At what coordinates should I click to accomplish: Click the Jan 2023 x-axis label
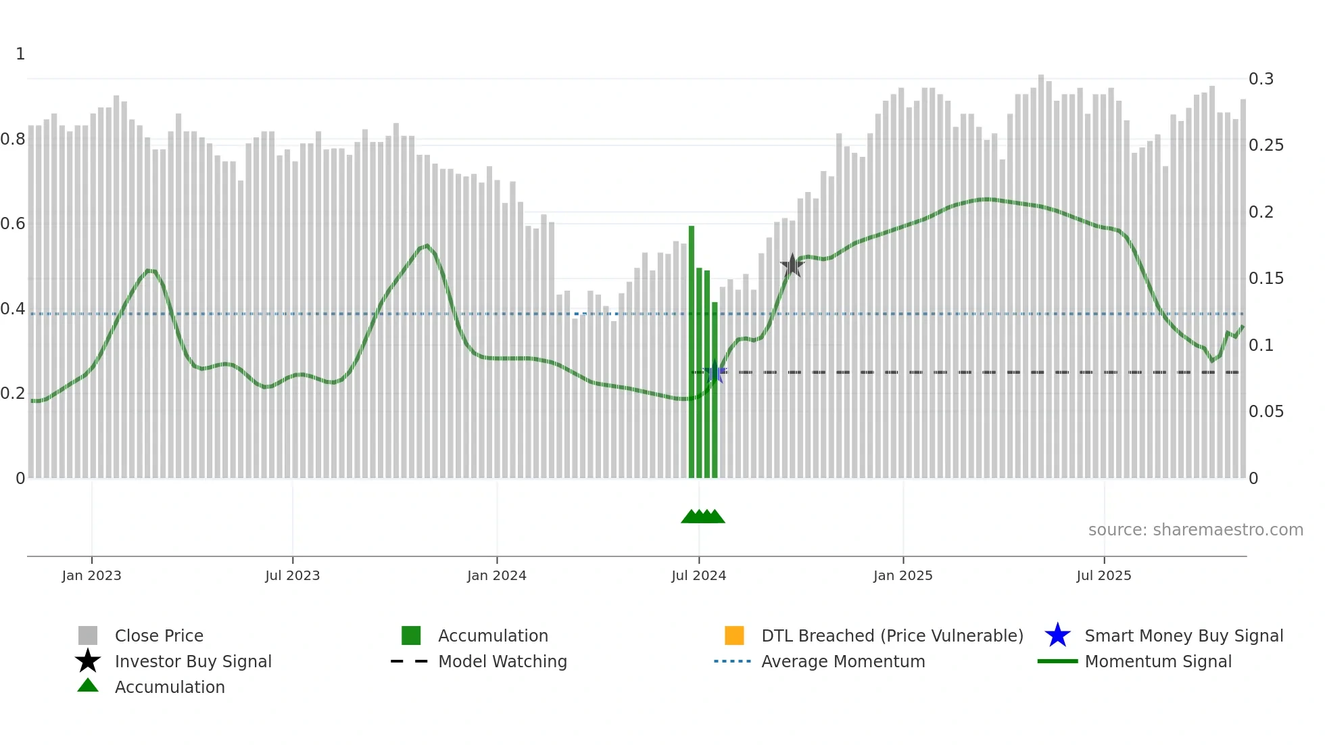pyautogui.click(x=91, y=576)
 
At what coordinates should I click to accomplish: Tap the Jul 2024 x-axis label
pyautogui.click(x=698, y=576)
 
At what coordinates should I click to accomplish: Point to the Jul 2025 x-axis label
pyautogui.click(x=1103, y=576)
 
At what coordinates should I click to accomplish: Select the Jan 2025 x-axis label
pyautogui.click(x=902, y=576)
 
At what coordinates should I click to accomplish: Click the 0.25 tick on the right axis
pyautogui.click(x=1266, y=145)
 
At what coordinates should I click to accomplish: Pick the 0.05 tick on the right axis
pyautogui.click(x=1266, y=412)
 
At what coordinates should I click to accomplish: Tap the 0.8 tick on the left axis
pyautogui.click(x=14, y=140)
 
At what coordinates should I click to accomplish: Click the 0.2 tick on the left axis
pyautogui.click(x=14, y=393)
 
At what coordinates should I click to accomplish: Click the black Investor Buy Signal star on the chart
pyautogui.click(x=792, y=266)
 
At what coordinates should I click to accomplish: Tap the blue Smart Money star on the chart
pyautogui.click(x=715, y=372)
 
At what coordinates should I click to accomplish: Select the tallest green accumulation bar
pyautogui.click(x=692, y=352)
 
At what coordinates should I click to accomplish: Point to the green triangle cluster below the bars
pyautogui.click(x=703, y=516)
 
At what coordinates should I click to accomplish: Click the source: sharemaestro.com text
pyautogui.click(x=1195, y=530)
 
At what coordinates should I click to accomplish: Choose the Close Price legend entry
pyautogui.click(x=159, y=636)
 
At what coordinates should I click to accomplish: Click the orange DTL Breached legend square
pyautogui.click(x=734, y=635)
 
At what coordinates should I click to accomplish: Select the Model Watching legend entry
pyautogui.click(x=502, y=662)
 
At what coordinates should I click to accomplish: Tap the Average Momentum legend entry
pyautogui.click(x=843, y=662)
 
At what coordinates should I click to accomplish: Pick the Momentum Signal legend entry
pyautogui.click(x=1158, y=662)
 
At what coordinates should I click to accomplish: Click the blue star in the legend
pyautogui.click(x=1057, y=635)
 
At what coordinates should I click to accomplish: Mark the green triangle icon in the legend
pyautogui.click(x=88, y=686)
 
